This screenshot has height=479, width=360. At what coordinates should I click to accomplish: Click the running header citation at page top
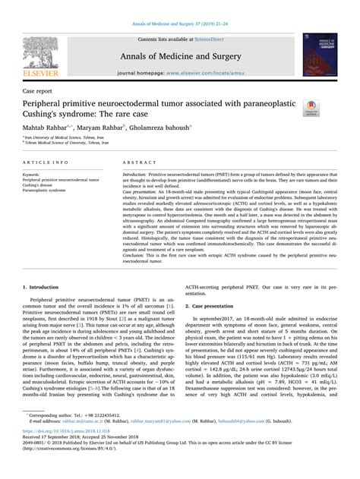click(180, 7)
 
